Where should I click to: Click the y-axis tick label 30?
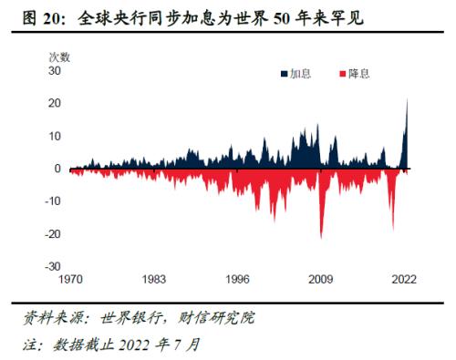click(54, 70)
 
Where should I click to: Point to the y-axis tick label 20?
click(54, 103)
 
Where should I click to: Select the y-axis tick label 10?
click(54, 136)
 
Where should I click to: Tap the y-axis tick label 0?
click(57, 169)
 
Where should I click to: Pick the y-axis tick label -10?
click(52, 201)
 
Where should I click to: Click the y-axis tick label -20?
click(52, 234)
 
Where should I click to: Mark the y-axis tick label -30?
click(52, 267)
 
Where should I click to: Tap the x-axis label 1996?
click(236, 281)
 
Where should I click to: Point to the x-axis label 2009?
click(320, 281)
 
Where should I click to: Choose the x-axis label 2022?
click(404, 281)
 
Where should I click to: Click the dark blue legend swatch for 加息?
click(284, 72)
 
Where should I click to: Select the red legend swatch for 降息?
click(342, 72)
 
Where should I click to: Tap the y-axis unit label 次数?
click(59, 57)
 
